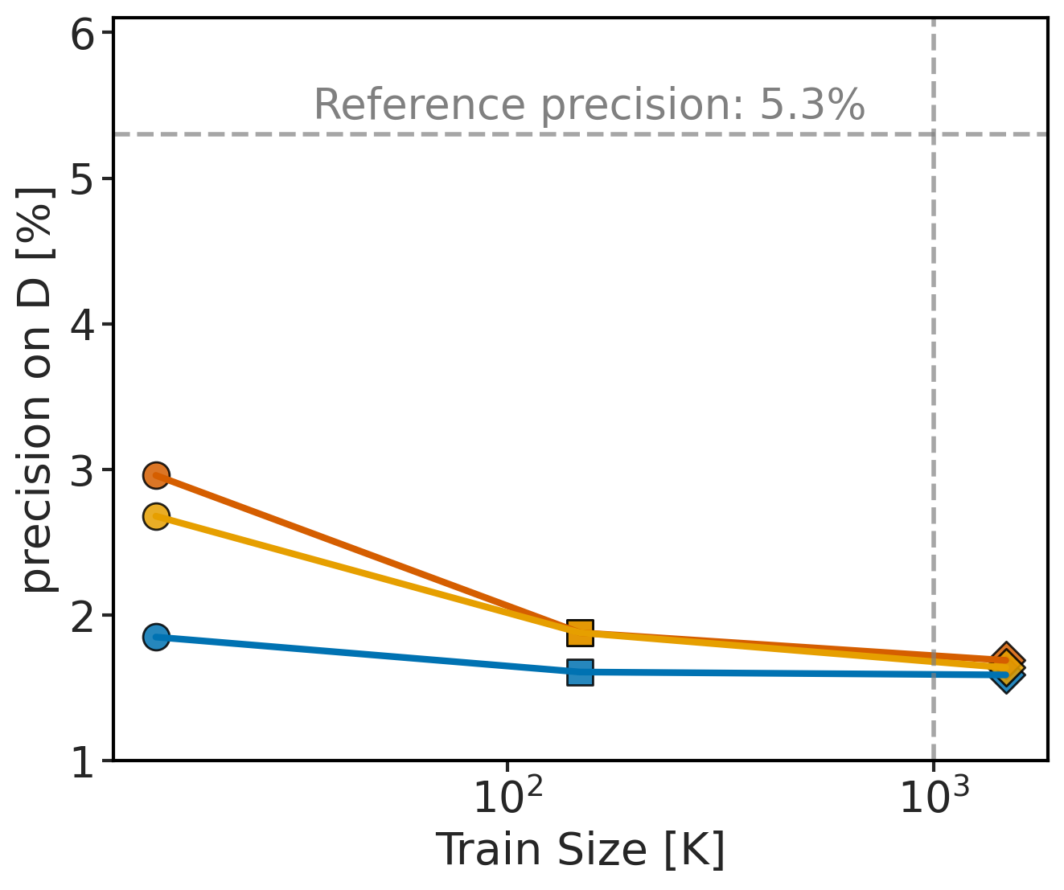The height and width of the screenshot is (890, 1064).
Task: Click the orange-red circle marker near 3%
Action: point(156,475)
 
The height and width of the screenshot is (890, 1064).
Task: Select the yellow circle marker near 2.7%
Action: point(156,516)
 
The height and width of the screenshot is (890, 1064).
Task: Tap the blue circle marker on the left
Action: point(156,638)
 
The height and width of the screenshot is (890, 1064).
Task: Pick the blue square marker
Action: point(580,672)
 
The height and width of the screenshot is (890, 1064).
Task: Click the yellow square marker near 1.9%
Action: point(580,633)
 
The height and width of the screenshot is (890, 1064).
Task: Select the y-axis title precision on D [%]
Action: point(39,390)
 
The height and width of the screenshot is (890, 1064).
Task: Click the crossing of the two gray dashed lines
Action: point(933,134)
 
